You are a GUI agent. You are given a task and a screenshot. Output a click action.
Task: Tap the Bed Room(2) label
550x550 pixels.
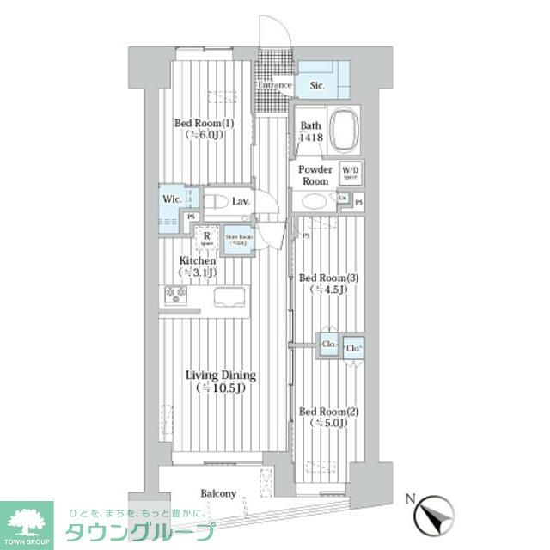[x=322, y=418]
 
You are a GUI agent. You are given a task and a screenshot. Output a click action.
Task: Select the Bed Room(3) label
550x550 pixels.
[x=322, y=284]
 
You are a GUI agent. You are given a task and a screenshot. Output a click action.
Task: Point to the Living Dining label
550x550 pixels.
[x=221, y=382]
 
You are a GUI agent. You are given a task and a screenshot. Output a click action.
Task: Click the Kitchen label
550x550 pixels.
[x=197, y=266]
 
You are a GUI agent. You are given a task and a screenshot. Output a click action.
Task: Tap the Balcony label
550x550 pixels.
[x=218, y=494]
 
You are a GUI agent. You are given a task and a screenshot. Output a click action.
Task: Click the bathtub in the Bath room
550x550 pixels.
[x=345, y=130]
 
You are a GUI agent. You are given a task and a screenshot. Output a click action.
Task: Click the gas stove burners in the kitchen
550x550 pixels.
[x=177, y=296]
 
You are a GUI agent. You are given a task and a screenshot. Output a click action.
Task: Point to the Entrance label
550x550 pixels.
[x=275, y=85]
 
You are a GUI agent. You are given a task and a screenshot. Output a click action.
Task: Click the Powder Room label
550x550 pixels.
[x=315, y=175]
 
